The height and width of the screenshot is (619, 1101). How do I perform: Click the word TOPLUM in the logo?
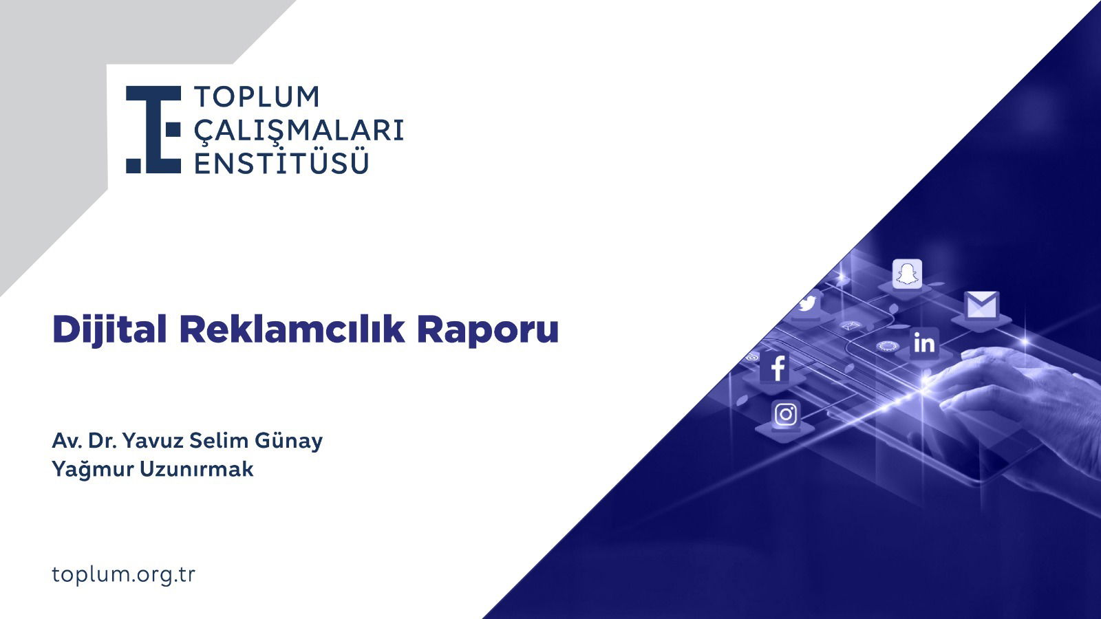(x=257, y=97)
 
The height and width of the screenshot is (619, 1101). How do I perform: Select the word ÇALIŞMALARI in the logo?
(x=299, y=130)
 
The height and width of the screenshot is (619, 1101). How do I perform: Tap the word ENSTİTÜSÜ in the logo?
(x=281, y=163)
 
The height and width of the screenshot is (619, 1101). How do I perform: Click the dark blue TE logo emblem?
(x=153, y=129)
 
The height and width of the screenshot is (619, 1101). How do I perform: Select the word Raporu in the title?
(x=487, y=330)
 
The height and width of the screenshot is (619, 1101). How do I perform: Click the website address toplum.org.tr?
(x=124, y=574)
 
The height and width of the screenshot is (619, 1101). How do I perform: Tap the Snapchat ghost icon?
(x=907, y=274)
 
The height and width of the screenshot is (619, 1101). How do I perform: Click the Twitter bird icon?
(x=807, y=303)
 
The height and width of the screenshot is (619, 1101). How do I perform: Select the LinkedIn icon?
(x=924, y=342)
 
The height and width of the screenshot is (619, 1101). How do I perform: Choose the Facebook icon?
(x=777, y=368)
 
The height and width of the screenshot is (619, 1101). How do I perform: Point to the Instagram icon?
(x=785, y=414)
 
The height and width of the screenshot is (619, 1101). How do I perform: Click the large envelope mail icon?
(x=981, y=305)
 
